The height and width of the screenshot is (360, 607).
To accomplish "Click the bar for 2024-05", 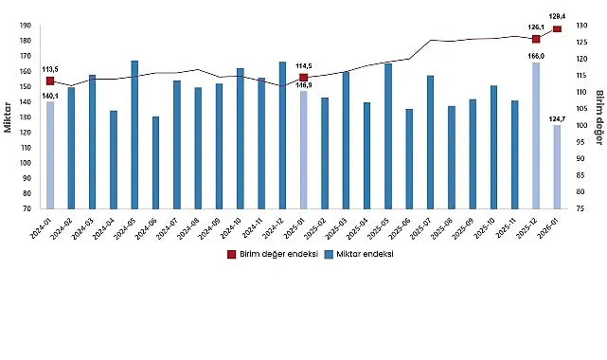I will (x=134, y=135).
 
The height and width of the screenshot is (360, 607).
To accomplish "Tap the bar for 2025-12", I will (x=536, y=135).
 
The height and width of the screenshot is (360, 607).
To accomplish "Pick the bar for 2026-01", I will (x=557, y=167).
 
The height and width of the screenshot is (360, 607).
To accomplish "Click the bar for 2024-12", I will (x=282, y=135).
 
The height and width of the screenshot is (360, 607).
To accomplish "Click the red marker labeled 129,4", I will (x=557, y=29).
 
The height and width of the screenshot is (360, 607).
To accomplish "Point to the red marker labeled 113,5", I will (x=50, y=81).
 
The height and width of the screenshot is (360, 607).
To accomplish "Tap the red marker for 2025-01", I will (x=303, y=78).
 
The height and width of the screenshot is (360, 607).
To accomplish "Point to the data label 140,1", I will (x=50, y=96).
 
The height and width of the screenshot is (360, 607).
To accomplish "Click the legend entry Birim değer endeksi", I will (x=274, y=254).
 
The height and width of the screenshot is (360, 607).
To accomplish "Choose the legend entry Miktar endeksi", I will (x=365, y=254).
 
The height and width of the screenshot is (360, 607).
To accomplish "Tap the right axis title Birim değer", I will (x=598, y=117).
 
